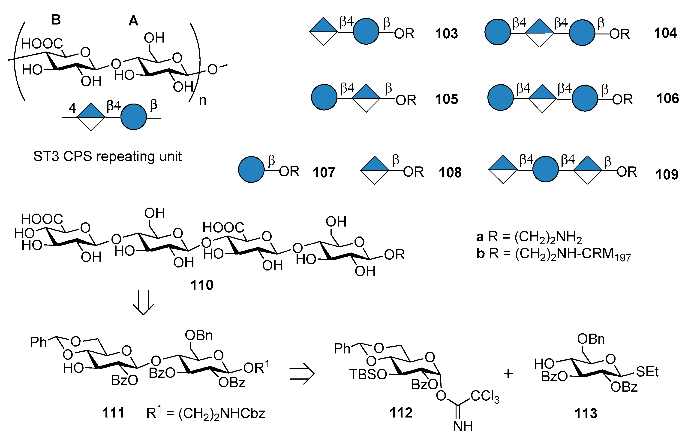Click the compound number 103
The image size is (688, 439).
point(446,34)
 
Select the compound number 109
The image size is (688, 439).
point(667,174)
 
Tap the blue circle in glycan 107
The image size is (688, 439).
point(251,169)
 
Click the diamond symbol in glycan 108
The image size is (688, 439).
point(375,170)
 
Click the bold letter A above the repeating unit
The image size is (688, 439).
point(133,21)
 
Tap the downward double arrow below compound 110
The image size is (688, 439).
point(143,303)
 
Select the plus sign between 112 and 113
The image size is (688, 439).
point(508,374)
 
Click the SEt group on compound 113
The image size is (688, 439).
point(647,372)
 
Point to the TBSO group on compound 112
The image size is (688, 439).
point(368,375)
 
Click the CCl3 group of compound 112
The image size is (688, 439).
point(485,396)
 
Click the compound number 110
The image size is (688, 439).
point(202,285)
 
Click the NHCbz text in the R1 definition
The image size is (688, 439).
point(243,414)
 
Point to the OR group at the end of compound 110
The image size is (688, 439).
point(394,255)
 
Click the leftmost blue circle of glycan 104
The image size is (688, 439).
point(497,32)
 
